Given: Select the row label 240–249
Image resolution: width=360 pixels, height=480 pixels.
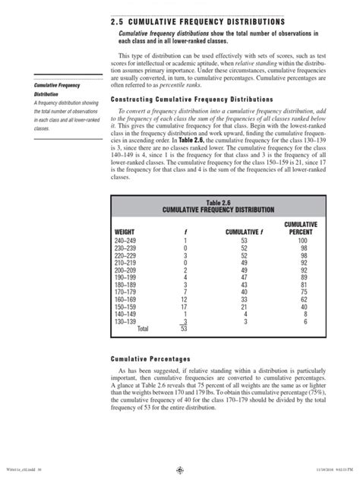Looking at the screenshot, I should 126,240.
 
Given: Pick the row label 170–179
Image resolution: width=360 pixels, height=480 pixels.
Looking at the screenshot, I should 126,291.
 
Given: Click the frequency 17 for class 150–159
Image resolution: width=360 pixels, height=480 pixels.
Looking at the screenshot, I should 184,306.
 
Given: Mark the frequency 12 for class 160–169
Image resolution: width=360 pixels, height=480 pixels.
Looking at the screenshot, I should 184,298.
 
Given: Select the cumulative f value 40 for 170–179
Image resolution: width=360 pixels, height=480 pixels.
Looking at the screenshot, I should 243,291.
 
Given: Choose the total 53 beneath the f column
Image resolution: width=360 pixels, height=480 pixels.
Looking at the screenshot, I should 184,329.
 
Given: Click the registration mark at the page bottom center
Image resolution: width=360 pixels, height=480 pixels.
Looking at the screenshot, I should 180,470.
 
